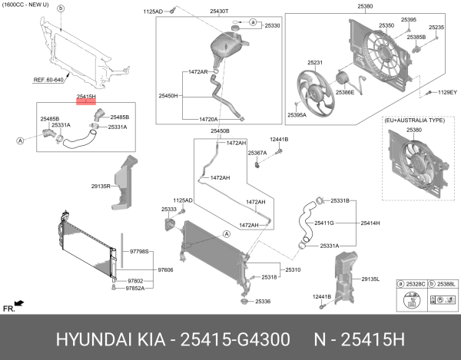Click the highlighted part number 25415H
click(x=85, y=97)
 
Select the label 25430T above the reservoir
click(x=199, y=11)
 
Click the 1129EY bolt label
click(x=447, y=92)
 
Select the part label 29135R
click(x=101, y=186)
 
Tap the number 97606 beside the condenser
click(x=167, y=270)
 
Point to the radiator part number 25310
click(x=294, y=270)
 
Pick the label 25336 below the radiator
click(x=264, y=302)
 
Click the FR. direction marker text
click(x=9, y=308)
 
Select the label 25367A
click(x=257, y=153)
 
